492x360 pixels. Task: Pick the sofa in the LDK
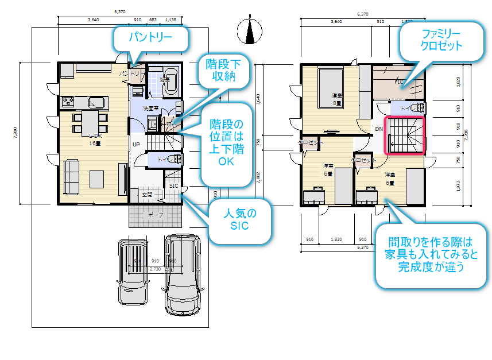pos(72,177)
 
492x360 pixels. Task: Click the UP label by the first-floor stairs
pos(136,144)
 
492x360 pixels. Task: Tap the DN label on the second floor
pos(379,129)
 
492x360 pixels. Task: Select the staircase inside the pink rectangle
pos(405,136)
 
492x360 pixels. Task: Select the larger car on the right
pos(182,274)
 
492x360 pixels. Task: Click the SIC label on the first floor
pos(173,185)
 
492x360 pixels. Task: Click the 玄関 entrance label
pos(148,195)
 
